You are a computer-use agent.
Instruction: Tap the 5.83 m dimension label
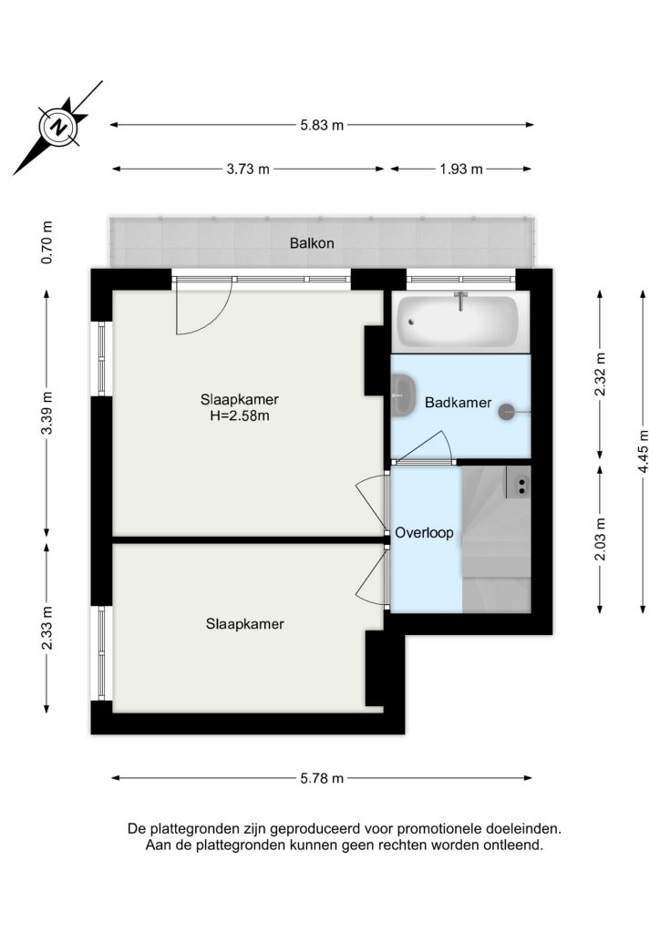click(x=322, y=125)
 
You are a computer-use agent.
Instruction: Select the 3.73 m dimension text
click(x=248, y=169)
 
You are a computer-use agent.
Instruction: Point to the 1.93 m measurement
click(x=461, y=169)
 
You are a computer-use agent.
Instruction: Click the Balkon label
click(x=312, y=243)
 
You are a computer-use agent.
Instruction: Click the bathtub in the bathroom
click(x=458, y=322)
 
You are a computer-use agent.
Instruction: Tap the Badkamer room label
click(x=459, y=403)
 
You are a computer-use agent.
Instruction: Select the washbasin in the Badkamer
click(x=404, y=393)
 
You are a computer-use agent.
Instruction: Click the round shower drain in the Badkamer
click(x=507, y=411)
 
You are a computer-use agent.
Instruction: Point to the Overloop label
click(x=424, y=533)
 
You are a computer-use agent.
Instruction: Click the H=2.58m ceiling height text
click(x=239, y=415)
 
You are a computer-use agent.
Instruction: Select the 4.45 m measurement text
click(x=643, y=452)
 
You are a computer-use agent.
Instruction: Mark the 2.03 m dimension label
click(x=600, y=539)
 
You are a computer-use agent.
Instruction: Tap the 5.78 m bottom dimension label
click(x=322, y=778)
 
